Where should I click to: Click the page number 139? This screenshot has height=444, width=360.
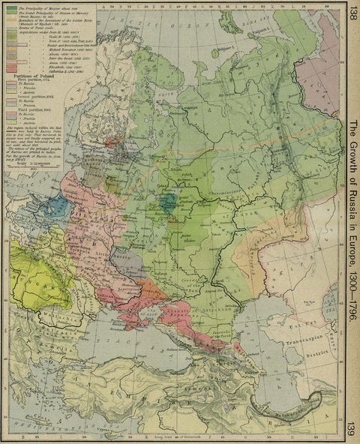click(x=352, y=433)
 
